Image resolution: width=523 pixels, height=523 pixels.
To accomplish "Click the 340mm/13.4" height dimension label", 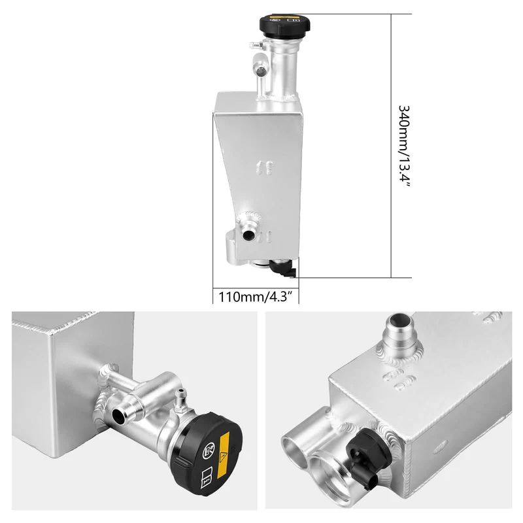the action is (404, 146).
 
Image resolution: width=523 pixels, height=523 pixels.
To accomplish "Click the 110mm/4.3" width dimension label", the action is (256, 297).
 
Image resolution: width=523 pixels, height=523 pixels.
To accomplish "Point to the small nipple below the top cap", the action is (255, 44).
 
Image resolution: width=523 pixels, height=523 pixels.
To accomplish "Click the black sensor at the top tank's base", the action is (283, 269).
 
